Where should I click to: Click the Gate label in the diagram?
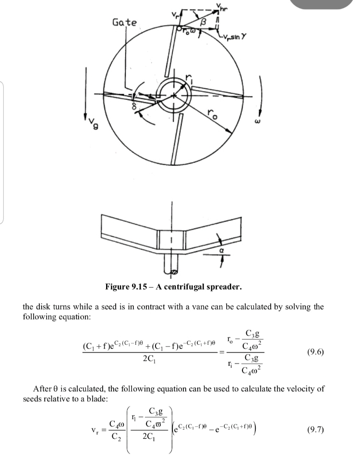pos(124,23)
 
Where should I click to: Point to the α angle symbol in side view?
pos(222,250)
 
